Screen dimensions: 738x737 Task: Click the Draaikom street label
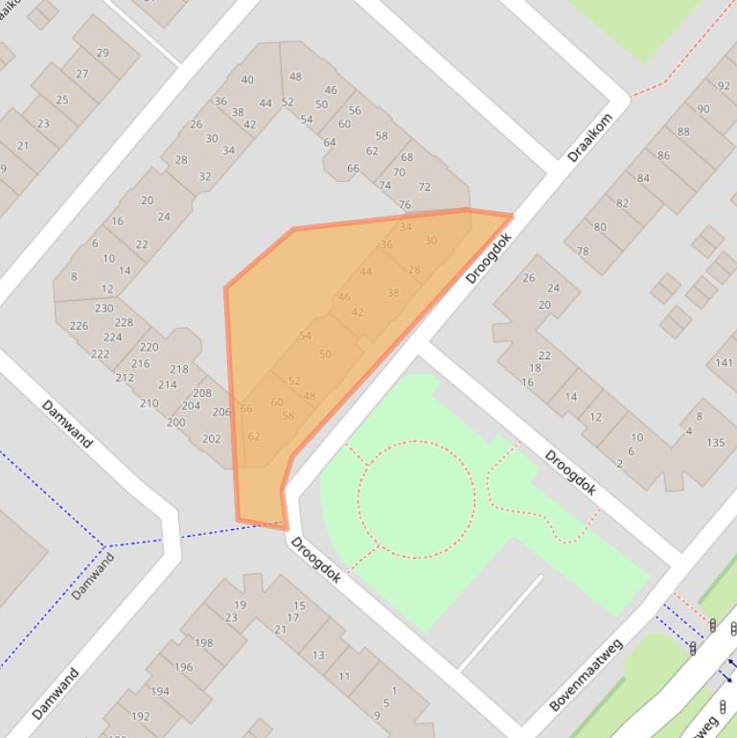pos(589,138)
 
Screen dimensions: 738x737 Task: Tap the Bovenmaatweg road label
pos(587,675)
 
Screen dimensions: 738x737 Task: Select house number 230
pos(104,308)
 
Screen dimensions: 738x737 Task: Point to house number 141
pos(724,362)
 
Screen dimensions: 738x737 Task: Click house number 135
pos(716,443)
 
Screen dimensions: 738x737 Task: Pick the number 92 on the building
pos(724,87)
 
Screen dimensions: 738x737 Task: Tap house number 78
pos(583,252)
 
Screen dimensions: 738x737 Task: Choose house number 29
pos(103,53)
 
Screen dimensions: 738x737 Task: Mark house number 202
pos(212,439)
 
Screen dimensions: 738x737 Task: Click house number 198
pos(204,643)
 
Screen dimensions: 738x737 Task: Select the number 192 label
pos(141,716)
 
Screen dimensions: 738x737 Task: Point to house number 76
pos(404,204)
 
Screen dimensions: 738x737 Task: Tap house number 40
pos(247,81)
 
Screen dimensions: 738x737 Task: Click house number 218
pos(179,369)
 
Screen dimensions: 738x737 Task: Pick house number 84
pos(643,177)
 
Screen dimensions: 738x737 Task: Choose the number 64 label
pos(330,142)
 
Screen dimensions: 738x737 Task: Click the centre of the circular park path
pos(416,498)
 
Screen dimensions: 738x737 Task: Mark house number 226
pos(79,326)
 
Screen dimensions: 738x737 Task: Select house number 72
pos(425,187)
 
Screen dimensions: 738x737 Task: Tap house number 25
pos(62,100)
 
